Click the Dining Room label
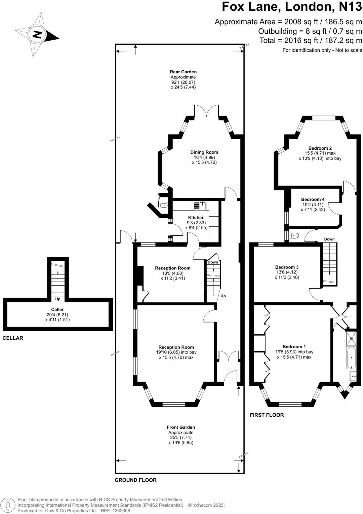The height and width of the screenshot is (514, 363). point(204,152)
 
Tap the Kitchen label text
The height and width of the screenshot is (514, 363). point(196,218)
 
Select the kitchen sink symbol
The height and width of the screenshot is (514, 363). point(200,205)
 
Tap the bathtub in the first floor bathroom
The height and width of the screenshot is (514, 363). point(352,358)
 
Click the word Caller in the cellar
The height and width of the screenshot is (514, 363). point(57,309)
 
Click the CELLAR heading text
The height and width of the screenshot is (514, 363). point(13,338)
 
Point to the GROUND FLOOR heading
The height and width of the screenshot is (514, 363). point(135,480)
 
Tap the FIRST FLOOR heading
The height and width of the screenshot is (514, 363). point(267,415)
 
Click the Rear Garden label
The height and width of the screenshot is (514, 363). point(183,72)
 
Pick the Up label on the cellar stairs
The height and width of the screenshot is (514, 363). point(58,299)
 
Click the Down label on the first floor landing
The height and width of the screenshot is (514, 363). point(329,239)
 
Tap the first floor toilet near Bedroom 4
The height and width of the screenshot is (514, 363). point(293,235)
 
